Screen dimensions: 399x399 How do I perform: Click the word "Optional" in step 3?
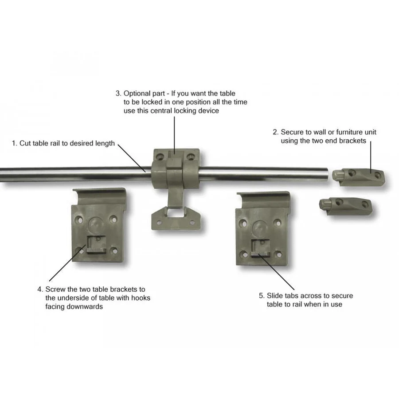click(144, 94)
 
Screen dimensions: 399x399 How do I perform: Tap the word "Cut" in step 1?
click(25, 143)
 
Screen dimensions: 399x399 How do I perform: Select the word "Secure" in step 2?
click(293, 132)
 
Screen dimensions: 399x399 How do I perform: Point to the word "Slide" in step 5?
click(275, 296)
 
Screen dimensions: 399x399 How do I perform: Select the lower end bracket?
click(345, 207)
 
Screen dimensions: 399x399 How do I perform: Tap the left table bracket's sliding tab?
click(97, 244)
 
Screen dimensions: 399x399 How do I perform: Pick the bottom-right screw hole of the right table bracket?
click(279, 254)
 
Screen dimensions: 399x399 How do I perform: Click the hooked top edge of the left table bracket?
click(99, 193)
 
